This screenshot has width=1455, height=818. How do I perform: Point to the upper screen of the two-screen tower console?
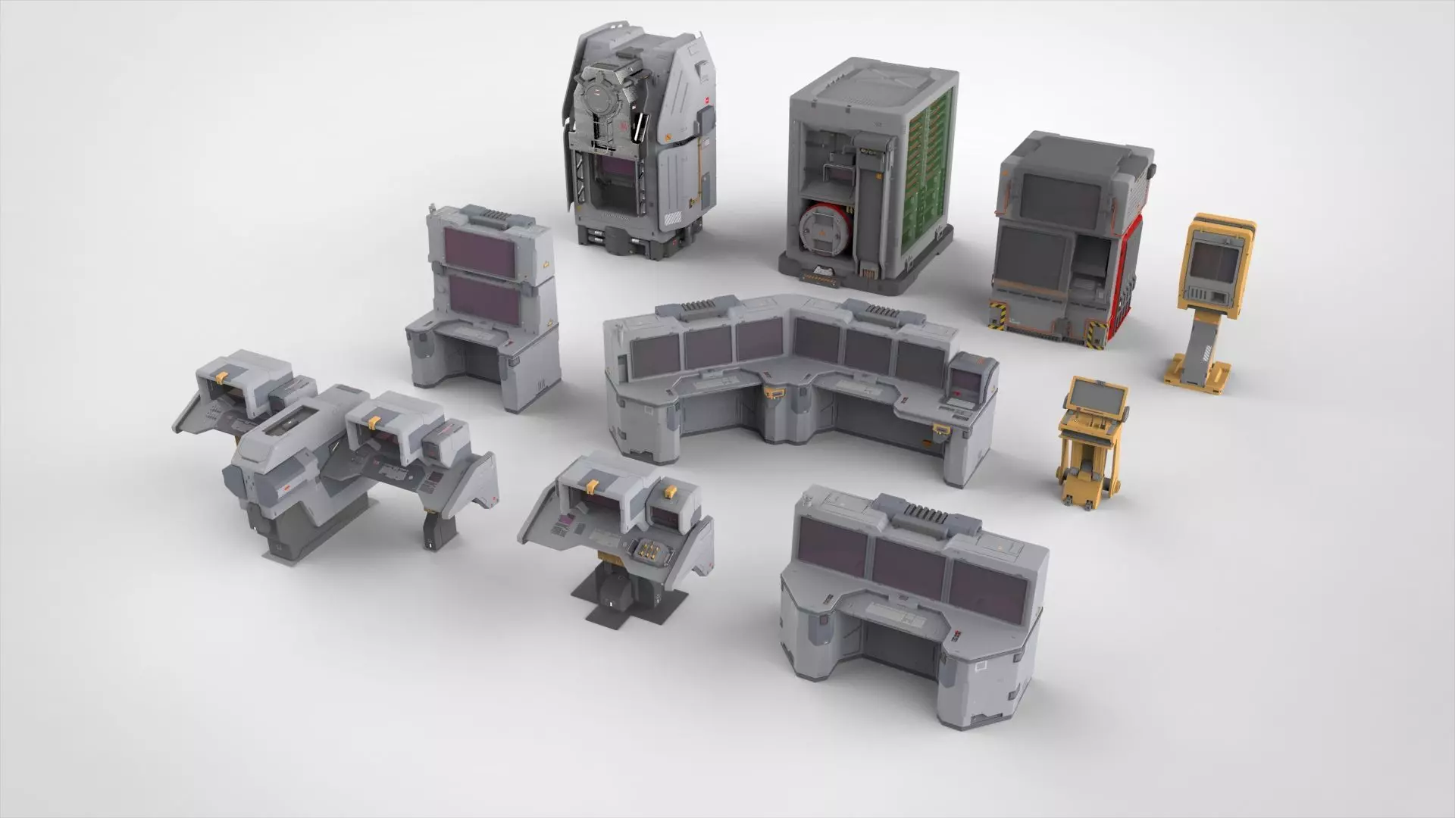tap(479, 248)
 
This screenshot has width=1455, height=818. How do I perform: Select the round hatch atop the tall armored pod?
tap(599, 98)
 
